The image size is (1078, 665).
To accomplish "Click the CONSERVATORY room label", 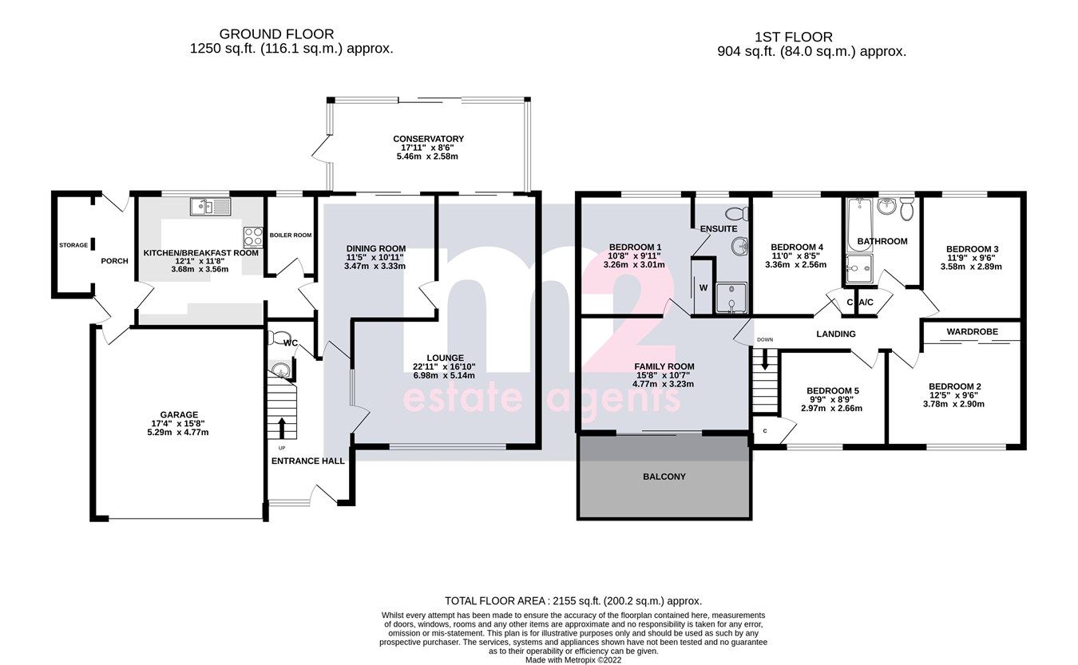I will [428, 139].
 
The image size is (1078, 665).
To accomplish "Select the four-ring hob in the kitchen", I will [253, 237].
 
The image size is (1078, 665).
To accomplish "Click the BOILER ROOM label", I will [290, 235].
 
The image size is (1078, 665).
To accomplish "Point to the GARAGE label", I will [179, 414].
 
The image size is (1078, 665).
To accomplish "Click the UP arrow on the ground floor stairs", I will [281, 425].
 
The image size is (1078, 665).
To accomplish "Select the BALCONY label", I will [664, 477].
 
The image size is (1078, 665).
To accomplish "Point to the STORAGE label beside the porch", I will [73, 245].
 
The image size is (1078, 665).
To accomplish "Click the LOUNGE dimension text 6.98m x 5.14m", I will [444, 375].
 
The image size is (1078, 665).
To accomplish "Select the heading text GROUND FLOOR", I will [276, 34].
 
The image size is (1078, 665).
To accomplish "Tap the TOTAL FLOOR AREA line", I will [573, 600].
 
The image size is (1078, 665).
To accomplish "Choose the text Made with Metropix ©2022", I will [573, 660].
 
